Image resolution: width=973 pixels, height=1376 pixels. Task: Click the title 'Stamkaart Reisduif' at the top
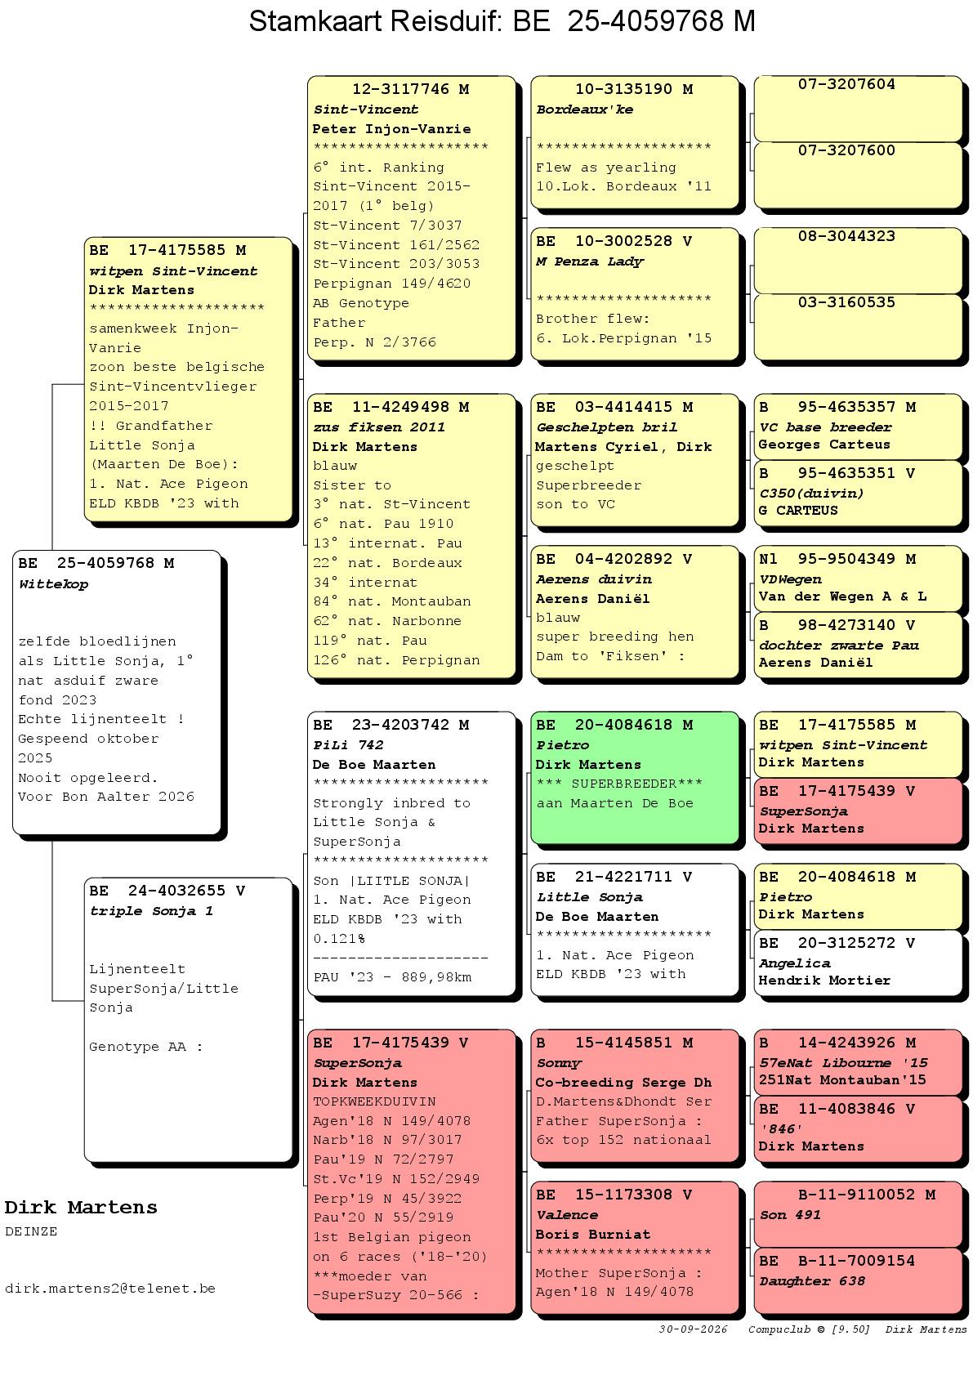[375, 22]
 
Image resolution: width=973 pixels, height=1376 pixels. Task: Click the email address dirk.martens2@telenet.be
[110, 1288]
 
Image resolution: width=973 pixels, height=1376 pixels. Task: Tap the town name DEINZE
[31, 1231]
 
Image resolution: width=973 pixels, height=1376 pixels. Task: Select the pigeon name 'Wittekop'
[53, 584]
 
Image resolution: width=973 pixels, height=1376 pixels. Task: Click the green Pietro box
[635, 778]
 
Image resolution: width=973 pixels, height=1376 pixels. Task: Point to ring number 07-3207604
[846, 84]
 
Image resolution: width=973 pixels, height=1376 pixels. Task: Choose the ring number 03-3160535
[846, 302]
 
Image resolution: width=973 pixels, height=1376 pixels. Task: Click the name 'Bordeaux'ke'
[585, 109]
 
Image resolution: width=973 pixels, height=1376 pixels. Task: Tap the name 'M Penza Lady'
[590, 261]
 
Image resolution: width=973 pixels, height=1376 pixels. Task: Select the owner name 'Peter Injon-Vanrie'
[392, 129]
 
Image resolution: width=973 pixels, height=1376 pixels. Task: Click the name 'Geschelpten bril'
[607, 427]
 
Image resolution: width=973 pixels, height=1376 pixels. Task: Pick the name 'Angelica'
[795, 963]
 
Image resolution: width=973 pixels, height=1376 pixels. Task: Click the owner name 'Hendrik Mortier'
[824, 981]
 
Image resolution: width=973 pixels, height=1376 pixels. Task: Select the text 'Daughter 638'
[812, 1281]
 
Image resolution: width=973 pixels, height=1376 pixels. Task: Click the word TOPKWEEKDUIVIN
[374, 1101]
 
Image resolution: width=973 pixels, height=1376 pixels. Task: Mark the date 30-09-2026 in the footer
[693, 1329]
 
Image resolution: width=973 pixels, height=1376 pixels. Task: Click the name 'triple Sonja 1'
[151, 911]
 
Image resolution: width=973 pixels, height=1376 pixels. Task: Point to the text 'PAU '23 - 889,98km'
[392, 977]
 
